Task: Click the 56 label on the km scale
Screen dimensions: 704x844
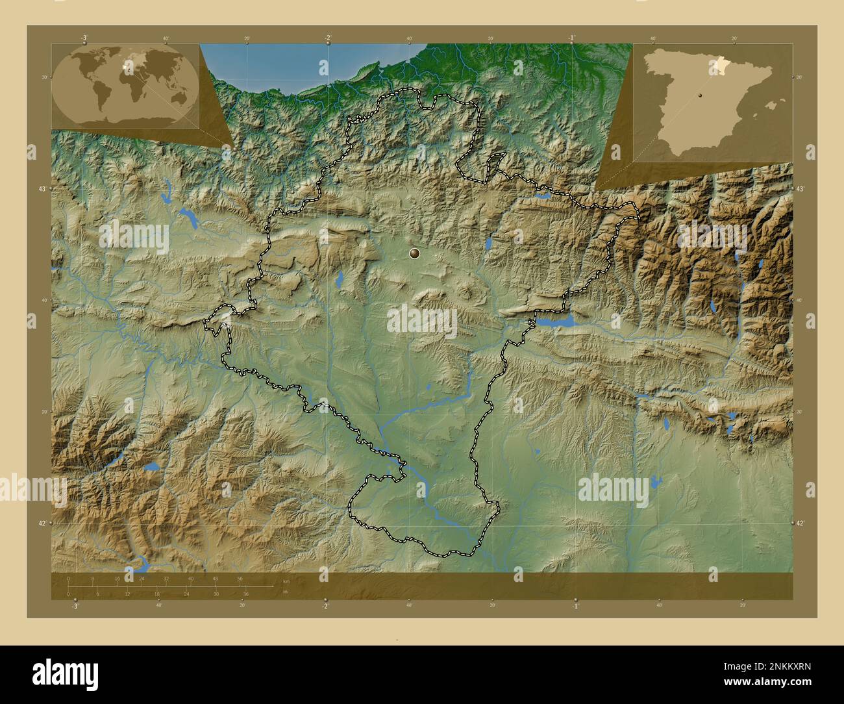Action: pyautogui.click(x=240, y=578)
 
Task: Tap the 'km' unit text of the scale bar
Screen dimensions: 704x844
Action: pyautogui.click(x=286, y=582)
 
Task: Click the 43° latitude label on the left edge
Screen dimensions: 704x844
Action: pyautogui.click(x=43, y=188)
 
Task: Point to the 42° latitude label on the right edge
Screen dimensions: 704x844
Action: pyautogui.click(x=801, y=523)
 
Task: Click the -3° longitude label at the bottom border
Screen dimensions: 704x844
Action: pyautogui.click(x=75, y=605)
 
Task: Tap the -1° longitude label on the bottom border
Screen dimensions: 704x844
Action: pyautogui.click(x=575, y=605)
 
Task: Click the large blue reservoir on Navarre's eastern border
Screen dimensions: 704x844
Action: pyautogui.click(x=555, y=321)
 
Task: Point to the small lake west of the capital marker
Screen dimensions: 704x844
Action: pyautogui.click(x=339, y=280)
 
